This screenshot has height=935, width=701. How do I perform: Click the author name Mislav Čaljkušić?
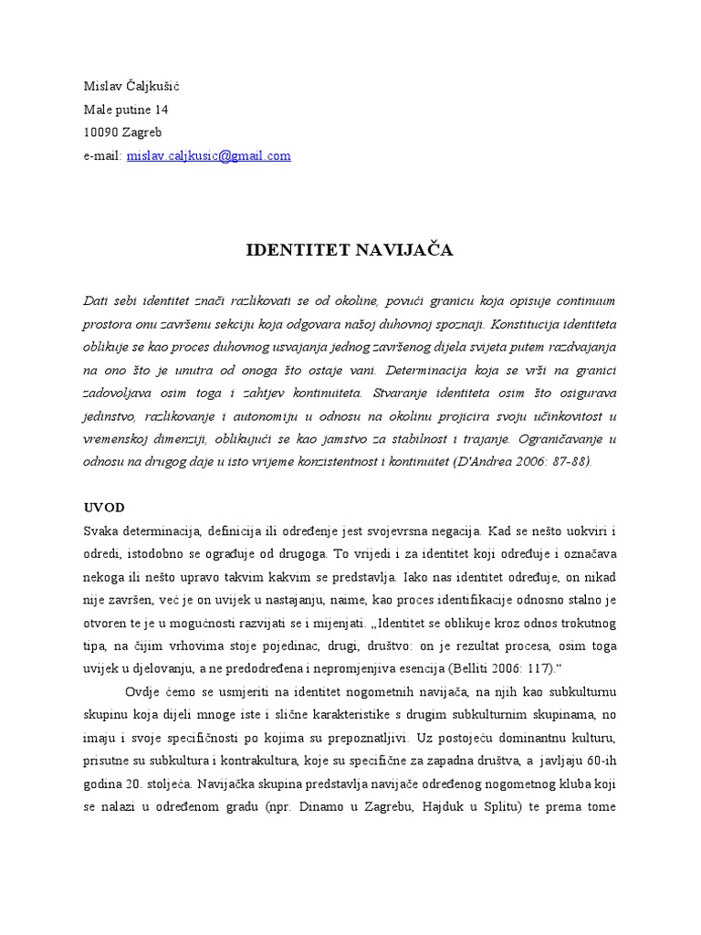coord(138,87)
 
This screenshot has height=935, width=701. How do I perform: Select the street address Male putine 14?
coord(126,110)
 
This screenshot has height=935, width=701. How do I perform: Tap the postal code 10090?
coord(99,132)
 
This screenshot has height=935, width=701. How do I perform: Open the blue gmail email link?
coord(214,155)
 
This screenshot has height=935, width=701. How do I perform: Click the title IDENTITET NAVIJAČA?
coord(350,251)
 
